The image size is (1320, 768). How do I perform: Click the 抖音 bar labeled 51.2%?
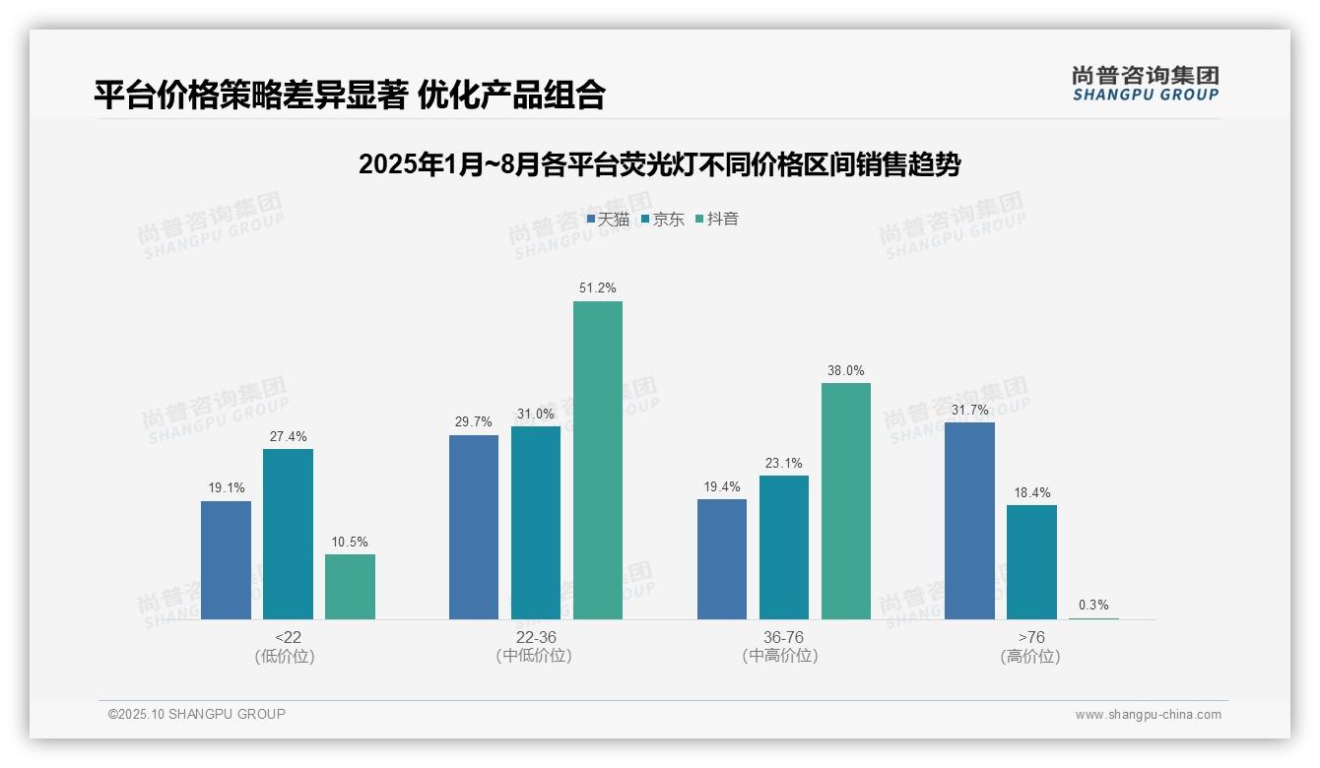(598, 460)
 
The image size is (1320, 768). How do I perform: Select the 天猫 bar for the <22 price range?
(226, 559)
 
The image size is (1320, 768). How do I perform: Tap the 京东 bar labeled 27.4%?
(288, 534)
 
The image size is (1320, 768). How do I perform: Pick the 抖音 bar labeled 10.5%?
(350, 586)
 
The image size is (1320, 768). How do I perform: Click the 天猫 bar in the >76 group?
(969, 520)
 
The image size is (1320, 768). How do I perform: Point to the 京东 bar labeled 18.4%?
(1031, 561)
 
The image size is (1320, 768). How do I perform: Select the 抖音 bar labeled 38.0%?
(846, 500)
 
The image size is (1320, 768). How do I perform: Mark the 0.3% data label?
(1093, 605)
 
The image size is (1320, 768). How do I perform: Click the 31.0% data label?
(536, 414)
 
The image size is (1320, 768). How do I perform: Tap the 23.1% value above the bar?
(784, 463)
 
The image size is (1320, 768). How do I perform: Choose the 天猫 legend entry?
(608, 219)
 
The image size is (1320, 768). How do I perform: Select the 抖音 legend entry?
(717, 219)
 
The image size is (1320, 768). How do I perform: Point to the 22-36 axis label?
(536, 637)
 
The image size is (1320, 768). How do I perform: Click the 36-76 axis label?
(784, 637)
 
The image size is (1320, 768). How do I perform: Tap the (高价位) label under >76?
(1030, 657)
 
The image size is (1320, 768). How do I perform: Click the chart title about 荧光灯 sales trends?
(659, 164)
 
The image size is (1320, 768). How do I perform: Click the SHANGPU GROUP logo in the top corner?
(1145, 84)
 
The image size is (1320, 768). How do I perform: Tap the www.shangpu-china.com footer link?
(1148, 715)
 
